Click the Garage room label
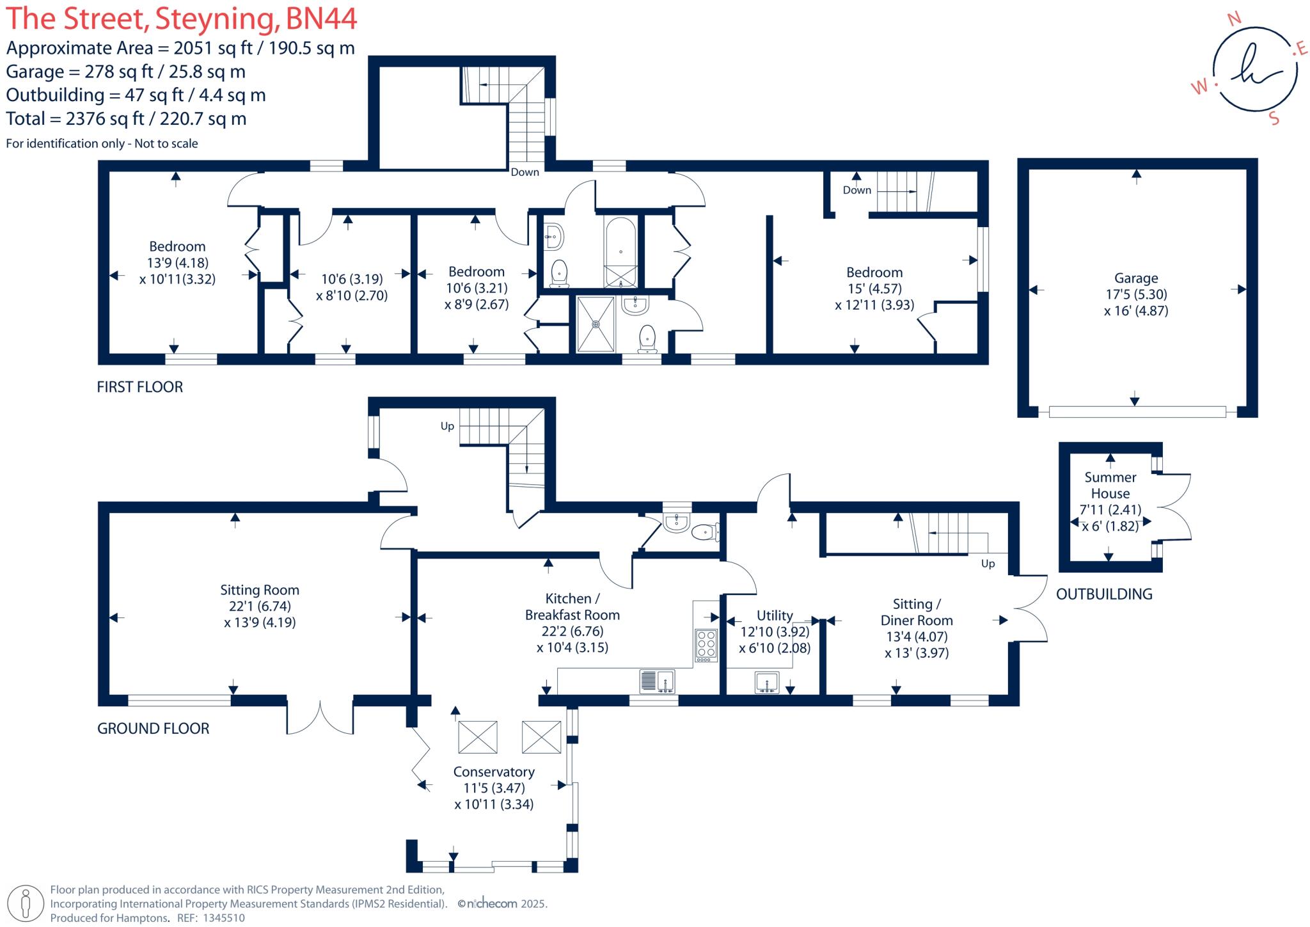click(x=1135, y=278)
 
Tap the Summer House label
click(x=1110, y=485)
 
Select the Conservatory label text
click(x=494, y=772)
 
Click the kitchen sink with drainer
click(x=657, y=681)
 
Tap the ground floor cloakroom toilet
click(x=704, y=531)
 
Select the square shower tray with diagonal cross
click(x=596, y=324)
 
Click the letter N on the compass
click(x=1234, y=19)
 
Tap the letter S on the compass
click(x=1274, y=119)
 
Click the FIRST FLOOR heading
click(x=139, y=387)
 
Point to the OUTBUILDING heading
click(x=1104, y=594)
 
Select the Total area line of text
click(x=126, y=119)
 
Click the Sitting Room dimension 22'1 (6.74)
click(x=259, y=606)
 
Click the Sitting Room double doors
click(x=320, y=717)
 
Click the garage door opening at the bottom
click(x=1137, y=412)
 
